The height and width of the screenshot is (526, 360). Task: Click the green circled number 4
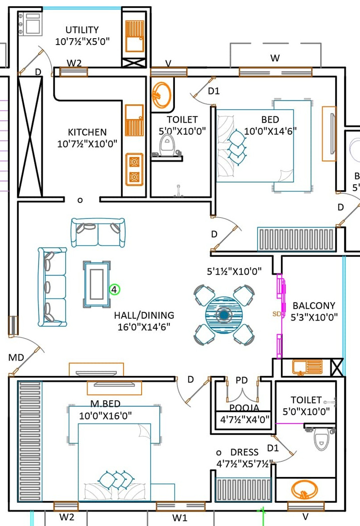point(114,290)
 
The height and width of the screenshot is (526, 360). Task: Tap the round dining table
point(224,315)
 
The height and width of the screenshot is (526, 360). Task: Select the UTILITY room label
point(82,30)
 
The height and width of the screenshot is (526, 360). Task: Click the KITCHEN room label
point(88,132)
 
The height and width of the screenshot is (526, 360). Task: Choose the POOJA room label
point(244,408)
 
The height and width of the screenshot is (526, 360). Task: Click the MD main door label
point(16,358)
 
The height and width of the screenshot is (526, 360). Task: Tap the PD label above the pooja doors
point(242,380)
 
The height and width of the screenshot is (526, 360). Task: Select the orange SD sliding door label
point(276,314)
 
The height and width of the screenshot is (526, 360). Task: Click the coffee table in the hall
point(97,285)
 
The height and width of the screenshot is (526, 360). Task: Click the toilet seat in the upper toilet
point(166,146)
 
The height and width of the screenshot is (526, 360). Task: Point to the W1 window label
point(180,518)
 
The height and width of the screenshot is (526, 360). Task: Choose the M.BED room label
point(105,404)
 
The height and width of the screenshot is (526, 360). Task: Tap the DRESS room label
point(244,452)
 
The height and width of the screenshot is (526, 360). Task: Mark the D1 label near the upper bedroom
point(213,91)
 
